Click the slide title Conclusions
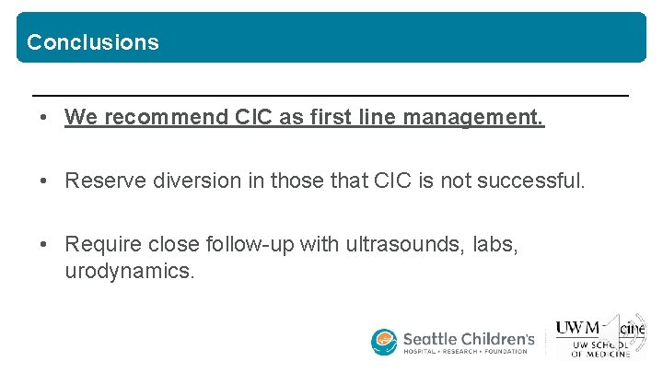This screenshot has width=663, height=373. point(92,42)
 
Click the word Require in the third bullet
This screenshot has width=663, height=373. point(99,244)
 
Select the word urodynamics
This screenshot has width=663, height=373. point(130,273)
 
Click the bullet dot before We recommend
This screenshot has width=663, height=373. point(44,119)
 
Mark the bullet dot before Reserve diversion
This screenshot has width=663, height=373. point(44,181)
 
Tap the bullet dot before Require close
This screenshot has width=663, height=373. point(44,244)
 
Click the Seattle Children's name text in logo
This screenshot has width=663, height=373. point(469,339)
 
